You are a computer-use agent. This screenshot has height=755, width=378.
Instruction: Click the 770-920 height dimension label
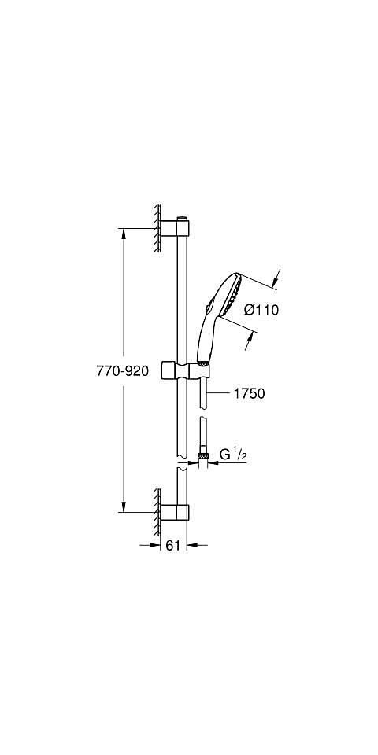point(123,371)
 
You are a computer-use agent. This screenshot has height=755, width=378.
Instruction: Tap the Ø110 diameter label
point(261,310)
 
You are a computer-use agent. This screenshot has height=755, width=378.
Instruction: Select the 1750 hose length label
point(250,393)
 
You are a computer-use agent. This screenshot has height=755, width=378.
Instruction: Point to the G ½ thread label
point(233,454)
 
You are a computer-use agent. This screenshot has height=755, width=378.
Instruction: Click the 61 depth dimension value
point(172,545)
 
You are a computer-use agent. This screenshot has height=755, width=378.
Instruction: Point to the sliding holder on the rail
point(185,370)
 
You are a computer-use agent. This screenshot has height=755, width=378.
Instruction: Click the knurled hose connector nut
point(203,455)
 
